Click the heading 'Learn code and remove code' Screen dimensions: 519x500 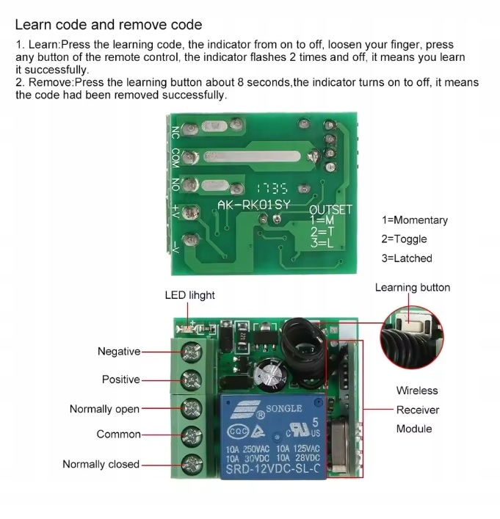pos(109,26)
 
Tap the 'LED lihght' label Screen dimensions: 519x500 pos(189,295)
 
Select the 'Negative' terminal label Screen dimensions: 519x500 pos(119,352)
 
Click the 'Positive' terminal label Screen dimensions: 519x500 pos(120,380)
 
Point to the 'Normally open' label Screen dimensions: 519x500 pos(104,409)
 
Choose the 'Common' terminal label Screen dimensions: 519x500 pos(118,435)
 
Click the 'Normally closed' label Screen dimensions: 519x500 pos(101,464)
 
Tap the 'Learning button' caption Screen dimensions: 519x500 pos(412,288)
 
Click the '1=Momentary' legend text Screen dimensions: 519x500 pos(414,220)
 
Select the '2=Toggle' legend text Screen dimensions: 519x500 pos(404,239)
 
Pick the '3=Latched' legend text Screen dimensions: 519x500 pos(407,258)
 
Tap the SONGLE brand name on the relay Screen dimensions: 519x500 pos(283,408)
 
